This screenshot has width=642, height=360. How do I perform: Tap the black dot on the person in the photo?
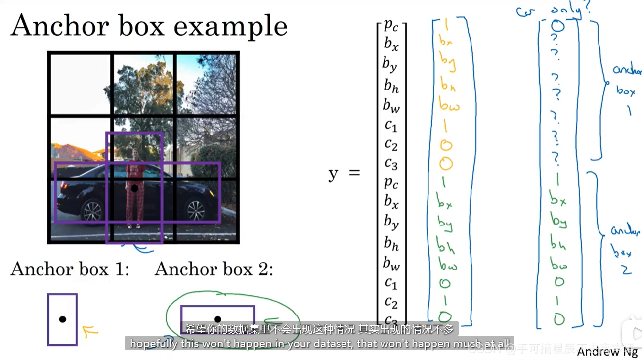(134, 188)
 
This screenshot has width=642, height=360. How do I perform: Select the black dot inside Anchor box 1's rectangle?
(62, 319)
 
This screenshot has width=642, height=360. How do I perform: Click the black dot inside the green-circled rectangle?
(217, 319)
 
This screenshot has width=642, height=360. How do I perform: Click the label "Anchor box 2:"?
(214, 270)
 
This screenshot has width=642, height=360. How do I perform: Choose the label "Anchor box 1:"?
(70, 270)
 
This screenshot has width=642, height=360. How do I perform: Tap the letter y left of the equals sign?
(333, 174)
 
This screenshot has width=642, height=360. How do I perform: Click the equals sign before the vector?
(354, 173)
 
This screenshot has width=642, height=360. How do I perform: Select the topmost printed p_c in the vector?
(391, 26)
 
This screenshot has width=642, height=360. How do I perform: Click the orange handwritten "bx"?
(446, 42)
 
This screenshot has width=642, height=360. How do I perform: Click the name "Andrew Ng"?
(607, 352)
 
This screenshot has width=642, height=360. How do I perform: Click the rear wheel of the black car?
(92, 211)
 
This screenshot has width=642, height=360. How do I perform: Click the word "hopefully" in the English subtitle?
(155, 343)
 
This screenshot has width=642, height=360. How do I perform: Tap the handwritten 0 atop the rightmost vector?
(557, 26)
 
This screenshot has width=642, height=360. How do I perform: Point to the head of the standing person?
(135, 154)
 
